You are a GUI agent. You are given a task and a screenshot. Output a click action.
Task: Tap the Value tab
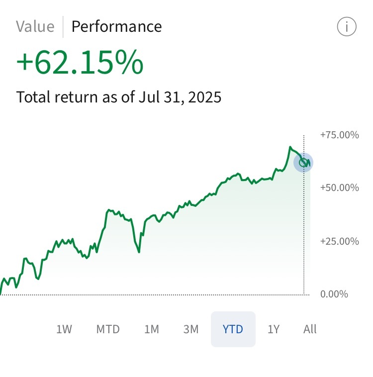point(35,26)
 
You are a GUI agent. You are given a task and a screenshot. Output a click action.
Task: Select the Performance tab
point(116,26)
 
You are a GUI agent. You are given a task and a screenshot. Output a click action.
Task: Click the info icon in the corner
point(347,27)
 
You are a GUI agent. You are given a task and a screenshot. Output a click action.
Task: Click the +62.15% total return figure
point(80,63)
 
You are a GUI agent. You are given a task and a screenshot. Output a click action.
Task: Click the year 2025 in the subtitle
point(203,96)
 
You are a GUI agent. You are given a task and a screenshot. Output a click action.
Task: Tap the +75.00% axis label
point(340,135)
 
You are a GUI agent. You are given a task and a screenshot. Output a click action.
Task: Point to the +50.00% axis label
point(340,188)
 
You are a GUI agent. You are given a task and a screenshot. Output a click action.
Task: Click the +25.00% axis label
point(340,241)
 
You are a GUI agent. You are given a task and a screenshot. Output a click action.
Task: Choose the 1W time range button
point(64,329)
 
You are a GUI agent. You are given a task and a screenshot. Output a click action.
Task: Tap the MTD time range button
point(108,329)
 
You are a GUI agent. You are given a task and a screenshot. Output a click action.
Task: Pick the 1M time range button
point(152,329)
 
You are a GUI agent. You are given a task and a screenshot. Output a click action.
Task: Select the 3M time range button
point(190,329)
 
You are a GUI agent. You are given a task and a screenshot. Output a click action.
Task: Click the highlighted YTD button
point(233,329)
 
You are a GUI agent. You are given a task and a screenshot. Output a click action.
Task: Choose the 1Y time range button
point(274,329)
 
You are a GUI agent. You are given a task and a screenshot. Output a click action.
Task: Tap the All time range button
point(310,329)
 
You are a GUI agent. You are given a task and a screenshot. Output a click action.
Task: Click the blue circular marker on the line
point(303,163)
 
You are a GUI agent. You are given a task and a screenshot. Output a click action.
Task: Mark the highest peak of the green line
point(290,147)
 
